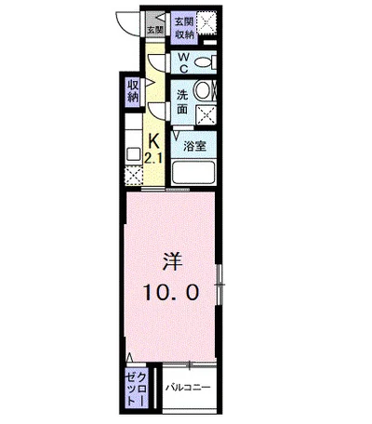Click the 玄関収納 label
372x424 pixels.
pyautogui.click(x=184, y=28)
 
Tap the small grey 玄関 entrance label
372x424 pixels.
pyautogui.click(x=155, y=31)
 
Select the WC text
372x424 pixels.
pyautogui.click(x=183, y=63)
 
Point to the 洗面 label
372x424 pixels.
pyautogui.click(x=182, y=102)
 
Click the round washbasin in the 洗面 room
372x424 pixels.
pyautogui.click(x=202, y=90)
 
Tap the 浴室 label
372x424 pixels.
pyautogui.click(x=194, y=146)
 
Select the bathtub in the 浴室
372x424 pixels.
pyautogui.click(x=194, y=172)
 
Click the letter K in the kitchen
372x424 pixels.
pyautogui.click(x=154, y=142)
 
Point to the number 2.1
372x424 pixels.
pyautogui.click(x=153, y=159)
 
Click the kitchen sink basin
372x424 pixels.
pyautogui.click(x=134, y=154)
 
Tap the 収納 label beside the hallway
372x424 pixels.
pyautogui.click(x=133, y=91)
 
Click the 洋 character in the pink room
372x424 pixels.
pyautogui.click(x=173, y=262)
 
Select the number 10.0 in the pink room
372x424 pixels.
pyautogui.click(x=170, y=293)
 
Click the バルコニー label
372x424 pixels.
pyautogui.click(x=188, y=387)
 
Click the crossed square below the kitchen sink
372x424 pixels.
pyautogui.click(x=134, y=176)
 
